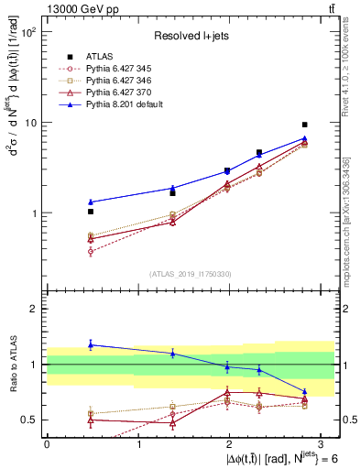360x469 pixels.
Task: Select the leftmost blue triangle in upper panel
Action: pos(90,202)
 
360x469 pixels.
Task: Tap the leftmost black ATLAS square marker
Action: pos(90,212)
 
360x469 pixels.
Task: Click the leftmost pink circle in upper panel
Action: pos(90,251)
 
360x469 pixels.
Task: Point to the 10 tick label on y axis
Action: pos(30,123)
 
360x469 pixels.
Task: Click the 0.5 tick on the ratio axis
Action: pos(30,420)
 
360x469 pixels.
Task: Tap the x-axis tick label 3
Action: pos(322,444)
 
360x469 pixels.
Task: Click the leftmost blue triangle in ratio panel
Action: pos(90,344)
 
